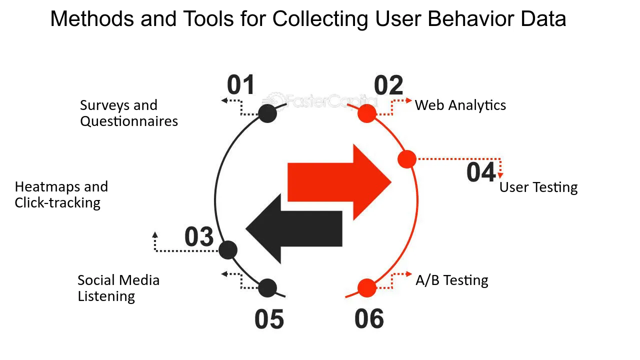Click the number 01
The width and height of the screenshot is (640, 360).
pyautogui.click(x=240, y=84)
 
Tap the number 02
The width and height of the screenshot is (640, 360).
pyautogui.click(x=388, y=85)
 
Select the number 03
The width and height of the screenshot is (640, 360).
pyautogui.click(x=199, y=236)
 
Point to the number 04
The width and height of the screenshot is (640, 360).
pyautogui.click(x=481, y=172)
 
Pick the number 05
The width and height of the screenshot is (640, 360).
pyautogui.click(x=269, y=319)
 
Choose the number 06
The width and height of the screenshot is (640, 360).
pyautogui.click(x=369, y=318)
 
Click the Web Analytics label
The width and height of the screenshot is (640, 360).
pyautogui.click(x=460, y=105)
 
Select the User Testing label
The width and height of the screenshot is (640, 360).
pyautogui.click(x=538, y=187)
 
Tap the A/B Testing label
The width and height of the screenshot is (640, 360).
pyautogui.click(x=452, y=280)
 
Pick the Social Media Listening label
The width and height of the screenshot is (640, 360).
pyautogui.click(x=118, y=288)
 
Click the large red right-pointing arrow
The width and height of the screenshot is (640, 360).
pyautogui.click(x=339, y=182)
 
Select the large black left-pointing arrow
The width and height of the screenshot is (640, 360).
pyautogui.click(x=294, y=228)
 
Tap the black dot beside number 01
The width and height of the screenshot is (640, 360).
pyautogui.click(x=267, y=113)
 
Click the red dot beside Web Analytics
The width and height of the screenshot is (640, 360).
pyautogui.click(x=367, y=113)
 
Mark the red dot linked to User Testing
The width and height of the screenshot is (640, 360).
pyautogui.click(x=407, y=159)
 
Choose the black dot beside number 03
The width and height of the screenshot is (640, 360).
pyautogui.click(x=227, y=250)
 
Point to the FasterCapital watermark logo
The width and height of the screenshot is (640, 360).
pyautogui.click(x=319, y=100)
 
